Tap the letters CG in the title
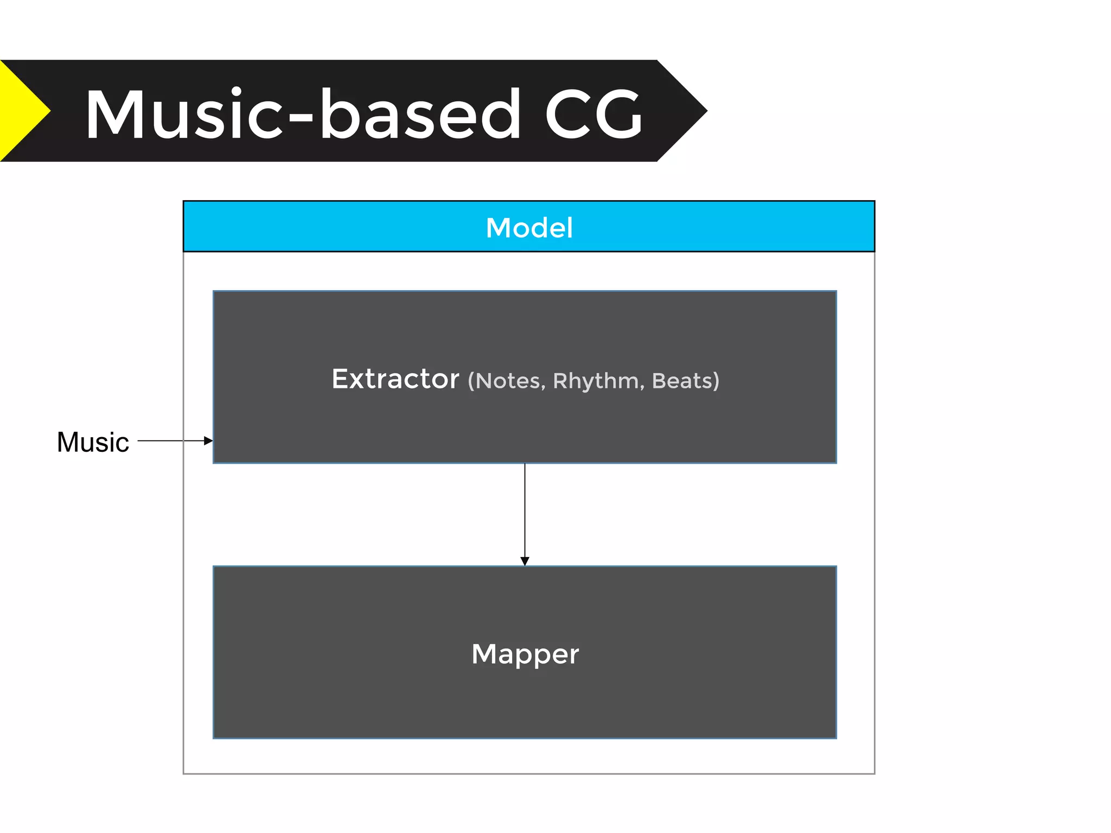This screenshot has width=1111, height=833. (594, 115)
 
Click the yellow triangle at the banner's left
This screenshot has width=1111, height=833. (19, 111)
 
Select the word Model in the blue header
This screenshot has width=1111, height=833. (529, 228)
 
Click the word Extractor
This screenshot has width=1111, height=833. (395, 379)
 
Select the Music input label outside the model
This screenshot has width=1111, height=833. (93, 442)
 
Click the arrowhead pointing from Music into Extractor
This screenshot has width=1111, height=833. (208, 441)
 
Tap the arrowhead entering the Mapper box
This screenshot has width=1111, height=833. (525, 561)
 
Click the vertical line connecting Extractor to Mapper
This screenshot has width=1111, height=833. (525, 510)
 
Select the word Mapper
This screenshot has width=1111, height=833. (525, 654)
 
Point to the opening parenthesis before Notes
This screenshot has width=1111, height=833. (471, 381)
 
